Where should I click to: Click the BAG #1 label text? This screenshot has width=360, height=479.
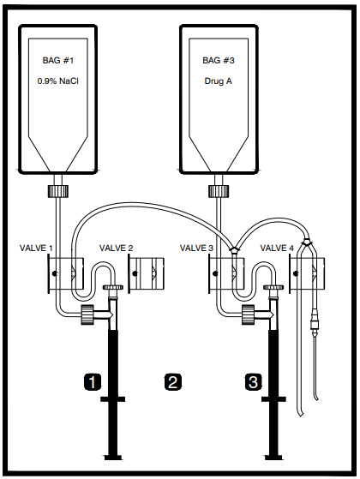pyautogui.click(x=58, y=60)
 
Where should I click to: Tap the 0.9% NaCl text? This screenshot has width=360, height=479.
pyautogui.click(x=58, y=81)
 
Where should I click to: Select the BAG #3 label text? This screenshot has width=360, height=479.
pyautogui.click(x=219, y=60)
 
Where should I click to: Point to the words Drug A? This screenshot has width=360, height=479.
pyautogui.click(x=219, y=81)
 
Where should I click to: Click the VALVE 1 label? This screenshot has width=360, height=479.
pyautogui.click(x=36, y=248)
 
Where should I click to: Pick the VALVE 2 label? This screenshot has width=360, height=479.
pyautogui.click(x=116, y=248)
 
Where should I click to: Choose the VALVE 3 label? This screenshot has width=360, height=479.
pyautogui.click(x=196, y=248)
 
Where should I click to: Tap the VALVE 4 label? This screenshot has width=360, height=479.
pyautogui.click(x=277, y=248)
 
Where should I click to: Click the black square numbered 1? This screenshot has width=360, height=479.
pyautogui.click(x=93, y=381)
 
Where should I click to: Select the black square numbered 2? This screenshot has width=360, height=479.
pyautogui.click(x=173, y=381)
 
